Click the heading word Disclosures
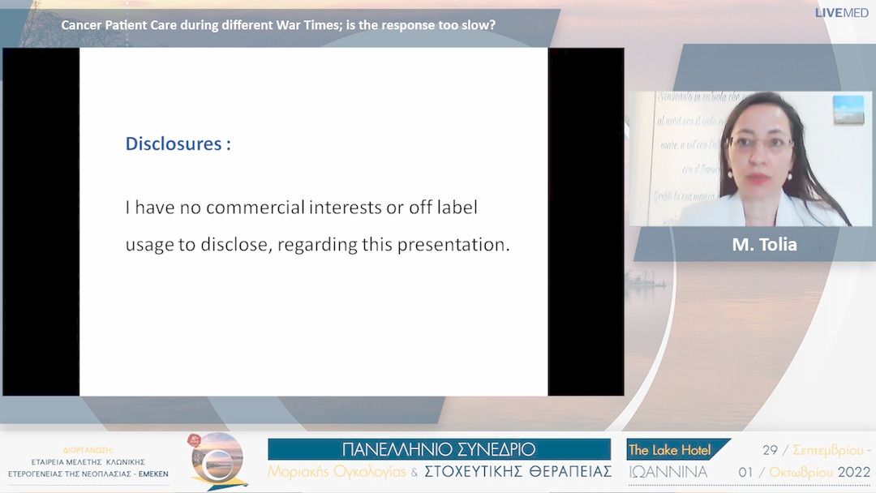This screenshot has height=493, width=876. [174, 144]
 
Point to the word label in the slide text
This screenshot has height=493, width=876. [455, 208]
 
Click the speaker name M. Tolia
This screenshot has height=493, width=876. [764, 244]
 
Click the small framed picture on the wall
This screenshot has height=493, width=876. [848, 109]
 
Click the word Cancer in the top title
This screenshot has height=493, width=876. [81, 25]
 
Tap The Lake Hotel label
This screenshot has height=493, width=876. [670, 450]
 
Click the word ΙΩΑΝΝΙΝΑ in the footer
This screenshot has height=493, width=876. [668, 472]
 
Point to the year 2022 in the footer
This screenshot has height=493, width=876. [854, 472]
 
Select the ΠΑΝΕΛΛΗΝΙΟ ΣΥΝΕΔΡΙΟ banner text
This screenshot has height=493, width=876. [439, 450]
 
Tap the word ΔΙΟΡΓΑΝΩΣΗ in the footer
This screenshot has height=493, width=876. [88, 449]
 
